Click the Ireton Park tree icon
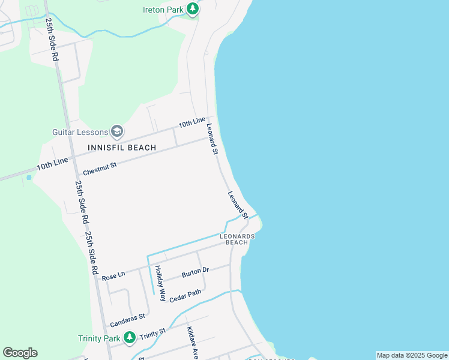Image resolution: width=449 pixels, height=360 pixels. (193, 9)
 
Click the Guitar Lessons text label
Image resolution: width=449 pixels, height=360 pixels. (80, 131)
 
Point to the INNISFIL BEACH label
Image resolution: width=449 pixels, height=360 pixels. (122, 148)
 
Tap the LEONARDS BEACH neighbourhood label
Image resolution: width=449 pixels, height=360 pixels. (237, 239)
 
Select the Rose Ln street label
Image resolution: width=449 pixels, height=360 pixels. (113, 276)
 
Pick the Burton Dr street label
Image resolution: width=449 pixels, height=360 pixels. (195, 273)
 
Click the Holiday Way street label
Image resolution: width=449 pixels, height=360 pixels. (159, 280)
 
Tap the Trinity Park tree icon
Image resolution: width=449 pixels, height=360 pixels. (129, 338)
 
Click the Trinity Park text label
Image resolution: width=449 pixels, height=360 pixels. (99, 338)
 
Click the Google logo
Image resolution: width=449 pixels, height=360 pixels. (20, 353)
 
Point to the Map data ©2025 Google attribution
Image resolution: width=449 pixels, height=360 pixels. (412, 355)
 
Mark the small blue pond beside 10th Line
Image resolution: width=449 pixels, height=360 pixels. (28, 178)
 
